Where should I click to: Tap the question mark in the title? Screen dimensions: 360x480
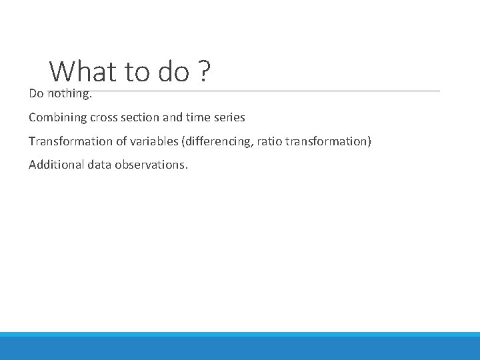[204, 71]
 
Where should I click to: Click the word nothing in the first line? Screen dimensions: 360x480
[69, 94]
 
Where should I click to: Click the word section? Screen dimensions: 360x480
[144, 117]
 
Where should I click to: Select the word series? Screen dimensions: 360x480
[230, 117]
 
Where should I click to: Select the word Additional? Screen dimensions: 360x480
[56, 165]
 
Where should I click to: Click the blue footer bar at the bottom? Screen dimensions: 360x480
[240, 347]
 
